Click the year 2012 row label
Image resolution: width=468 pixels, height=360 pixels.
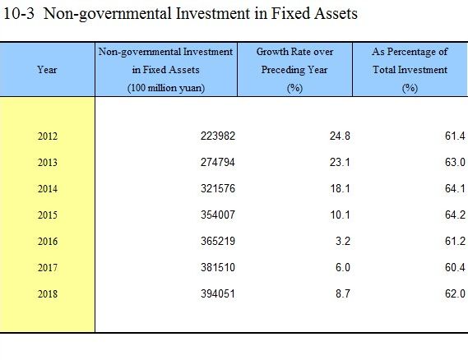pos(48,136)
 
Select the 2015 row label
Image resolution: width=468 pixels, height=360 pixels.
pos(48,215)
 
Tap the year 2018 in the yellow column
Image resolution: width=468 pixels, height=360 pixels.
pos(48,294)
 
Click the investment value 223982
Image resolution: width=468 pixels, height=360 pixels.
pos(218,136)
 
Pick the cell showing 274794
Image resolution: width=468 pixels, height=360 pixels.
pos(218,162)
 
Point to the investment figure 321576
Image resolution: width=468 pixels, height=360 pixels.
pos(218,188)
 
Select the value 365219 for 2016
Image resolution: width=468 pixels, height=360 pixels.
pos(218,241)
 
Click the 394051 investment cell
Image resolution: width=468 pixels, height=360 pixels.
pos(218,293)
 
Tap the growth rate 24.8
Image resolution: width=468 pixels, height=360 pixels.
pos(340,136)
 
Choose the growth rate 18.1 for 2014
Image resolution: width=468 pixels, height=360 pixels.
pos(340,188)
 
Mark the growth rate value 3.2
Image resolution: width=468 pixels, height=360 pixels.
pos(343,241)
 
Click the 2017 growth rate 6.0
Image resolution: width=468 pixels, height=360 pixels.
pos(343,267)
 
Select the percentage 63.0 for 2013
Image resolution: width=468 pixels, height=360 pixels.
pos(455,162)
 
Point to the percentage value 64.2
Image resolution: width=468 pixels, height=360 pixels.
pos(455,215)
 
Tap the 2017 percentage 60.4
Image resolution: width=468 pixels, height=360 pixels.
pos(455,267)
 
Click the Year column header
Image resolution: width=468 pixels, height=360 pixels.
pos(47,70)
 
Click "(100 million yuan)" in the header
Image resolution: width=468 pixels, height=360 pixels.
pos(166,88)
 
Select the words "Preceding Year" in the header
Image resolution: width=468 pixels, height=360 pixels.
pos(294,70)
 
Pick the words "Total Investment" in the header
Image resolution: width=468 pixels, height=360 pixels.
pos(410,70)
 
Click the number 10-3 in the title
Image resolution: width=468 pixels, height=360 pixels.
pos(19,13)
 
